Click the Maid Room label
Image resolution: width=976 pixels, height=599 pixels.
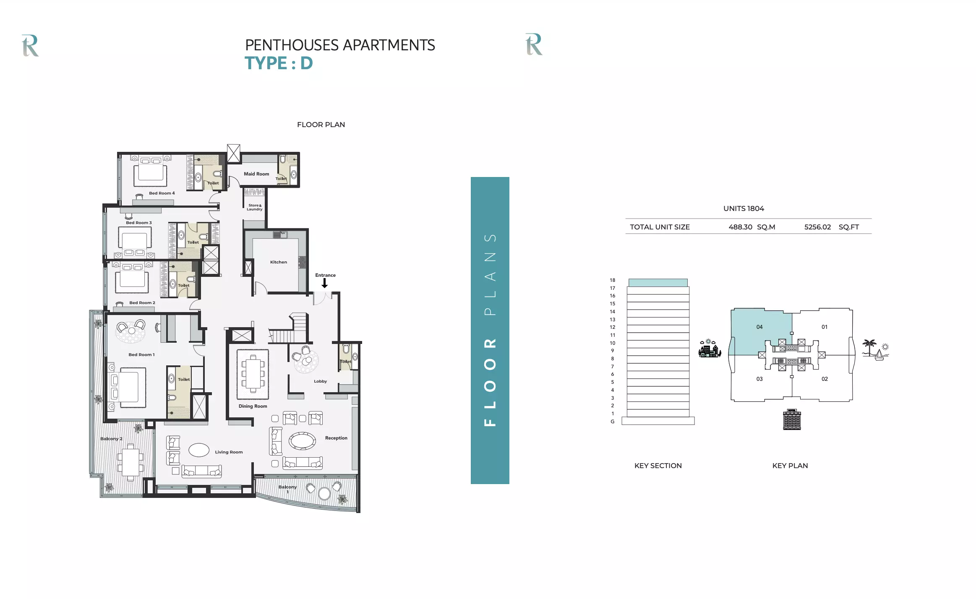pyautogui.click(x=256, y=174)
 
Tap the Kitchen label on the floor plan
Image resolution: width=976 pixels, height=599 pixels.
pyautogui.click(x=279, y=262)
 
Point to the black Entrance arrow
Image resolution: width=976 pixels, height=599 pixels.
pyautogui.click(x=324, y=283)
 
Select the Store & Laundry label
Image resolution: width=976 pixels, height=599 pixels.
pyautogui.click(x=254, y=207)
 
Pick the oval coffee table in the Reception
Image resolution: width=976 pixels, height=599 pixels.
pyautogui.click(x=302, y=441)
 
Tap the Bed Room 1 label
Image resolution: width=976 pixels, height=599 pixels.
pyautogui.click(x=141, y=355)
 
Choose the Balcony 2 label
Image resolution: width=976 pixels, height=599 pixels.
pyautogui.click(x=111, y=439)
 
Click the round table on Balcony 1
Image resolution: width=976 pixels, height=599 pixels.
pyautogui.click(x=324, y=493)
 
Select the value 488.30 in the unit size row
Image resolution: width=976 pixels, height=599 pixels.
pyautogui.click(x=740, y=227)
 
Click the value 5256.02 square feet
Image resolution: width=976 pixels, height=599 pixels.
pyautogui.click(x=817, y=227)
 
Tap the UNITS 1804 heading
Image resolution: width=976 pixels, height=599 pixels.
pyautogui.click(x=744, y=208)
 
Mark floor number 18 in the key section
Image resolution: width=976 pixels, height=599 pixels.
pyautogui.click(x=613, y=280)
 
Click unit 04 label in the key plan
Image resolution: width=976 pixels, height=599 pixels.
pyautogui.click(x=759, y=327)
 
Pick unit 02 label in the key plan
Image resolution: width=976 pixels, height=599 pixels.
pyautogui.click(x=825, y=379)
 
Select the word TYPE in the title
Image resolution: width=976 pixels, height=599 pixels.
pyautogui.click(x=266, y=63)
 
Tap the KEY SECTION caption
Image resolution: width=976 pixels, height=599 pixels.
pyautogui.click(x=658, y=466)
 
